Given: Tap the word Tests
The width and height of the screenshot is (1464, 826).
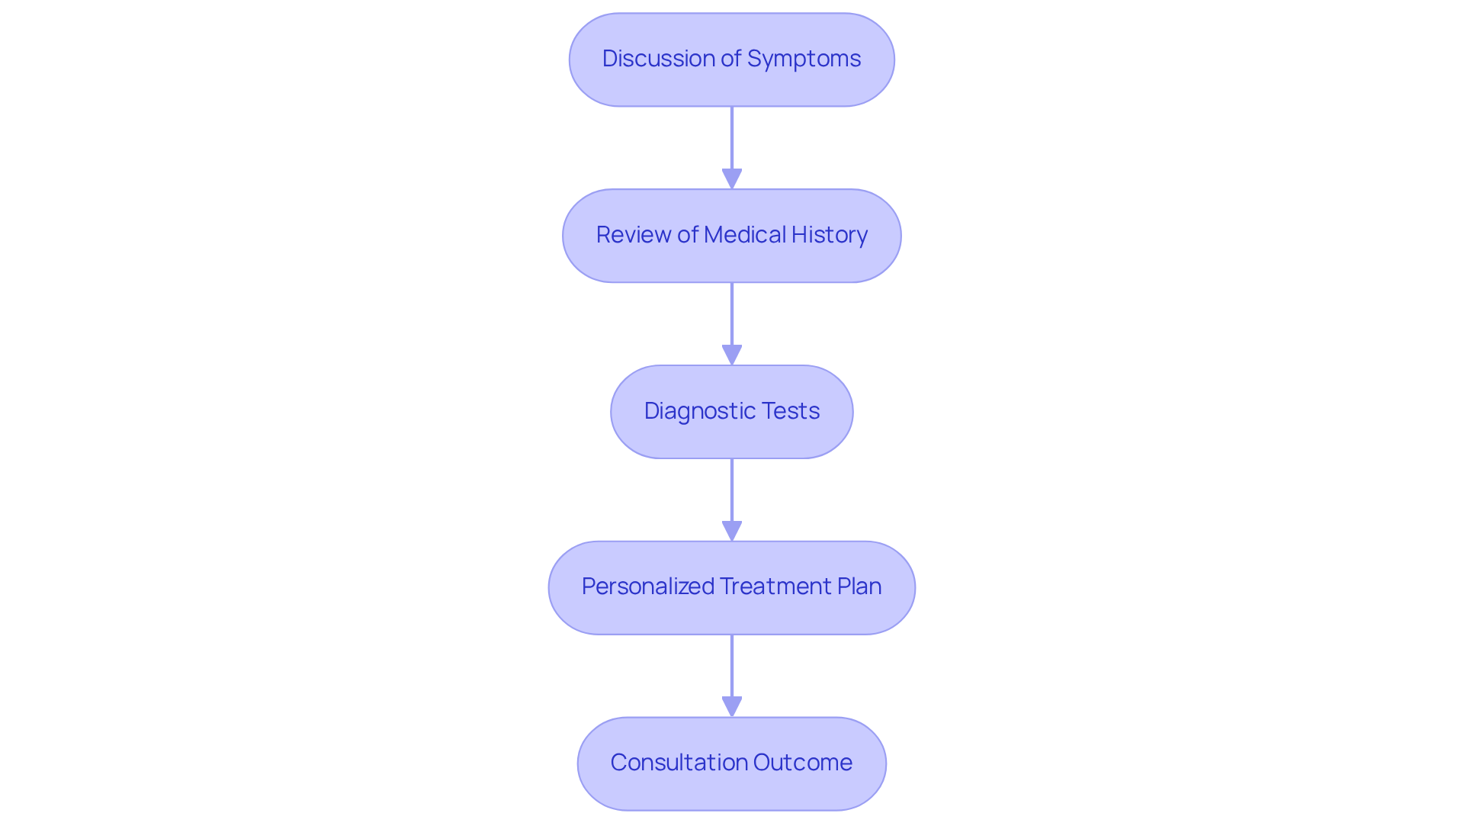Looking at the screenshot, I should click(791, 411).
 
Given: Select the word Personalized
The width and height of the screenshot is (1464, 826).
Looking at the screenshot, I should click(647, 587).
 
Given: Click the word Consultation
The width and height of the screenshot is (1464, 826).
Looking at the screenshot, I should click(679, 763).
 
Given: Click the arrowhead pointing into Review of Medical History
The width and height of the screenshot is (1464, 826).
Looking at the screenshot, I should click(732, 178).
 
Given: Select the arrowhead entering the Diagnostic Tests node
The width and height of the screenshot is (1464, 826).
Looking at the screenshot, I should click(732, 355).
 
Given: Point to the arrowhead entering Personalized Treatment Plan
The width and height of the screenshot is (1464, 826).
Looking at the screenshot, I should click(732, 531).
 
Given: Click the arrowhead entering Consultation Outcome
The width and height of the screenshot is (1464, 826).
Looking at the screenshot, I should click(732, 706).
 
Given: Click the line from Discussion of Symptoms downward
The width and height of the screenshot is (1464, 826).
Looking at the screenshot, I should click(732, 137).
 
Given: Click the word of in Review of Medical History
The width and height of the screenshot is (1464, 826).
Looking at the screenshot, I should click(687, 235).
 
